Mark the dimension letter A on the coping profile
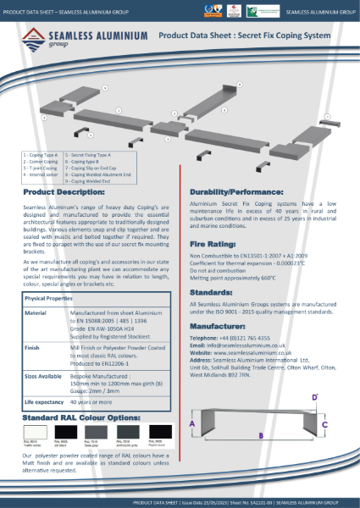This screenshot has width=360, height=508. [193, 423]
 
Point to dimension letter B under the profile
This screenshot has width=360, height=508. [261, 435]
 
